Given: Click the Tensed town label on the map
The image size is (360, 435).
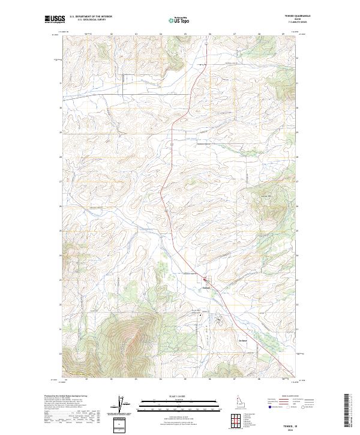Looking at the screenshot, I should (x=206, y=287).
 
